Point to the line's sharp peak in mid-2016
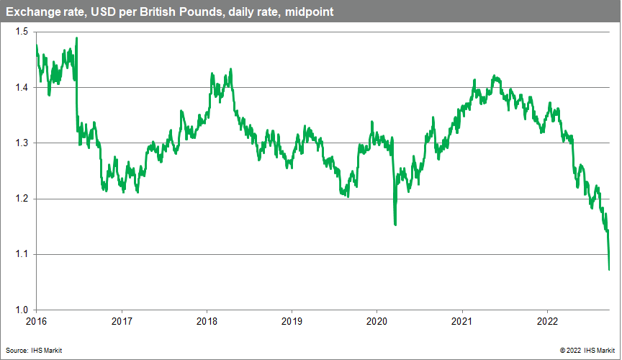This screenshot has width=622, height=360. (76, 38)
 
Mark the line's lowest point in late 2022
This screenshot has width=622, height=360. (609, 270)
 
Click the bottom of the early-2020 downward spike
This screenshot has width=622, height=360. (395, 225)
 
